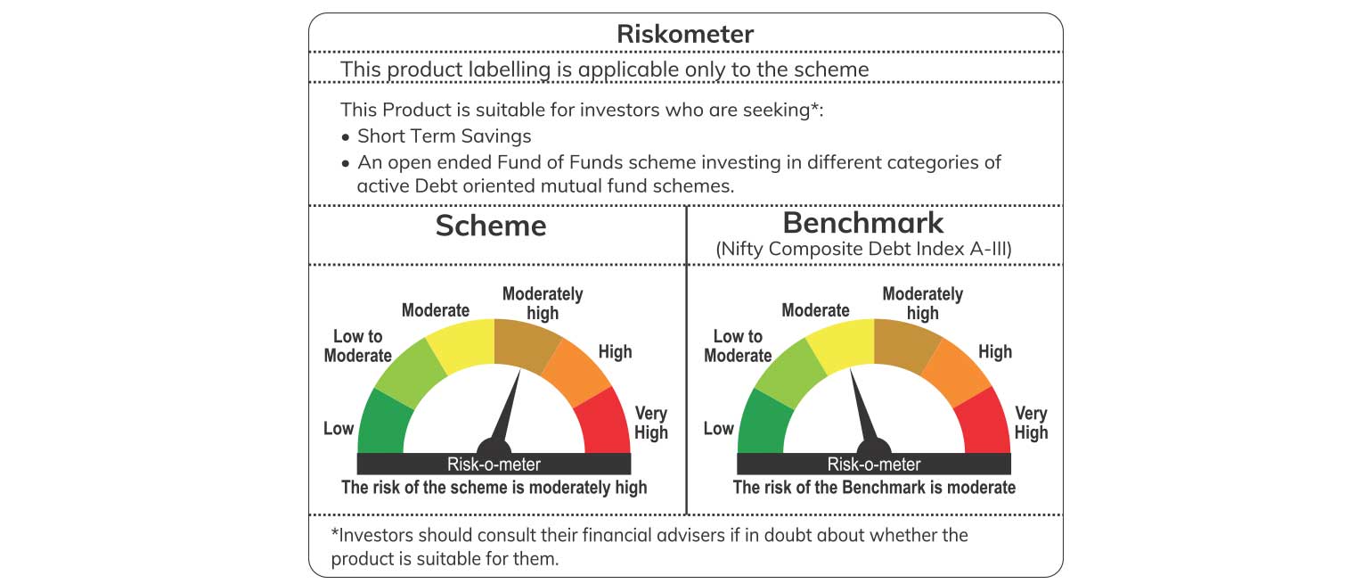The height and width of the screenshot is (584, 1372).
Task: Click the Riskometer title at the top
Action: (x=685, y=34)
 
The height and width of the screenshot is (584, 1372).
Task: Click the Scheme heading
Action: (x=491, y=226)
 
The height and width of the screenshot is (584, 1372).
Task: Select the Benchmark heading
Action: (x=863, y=222)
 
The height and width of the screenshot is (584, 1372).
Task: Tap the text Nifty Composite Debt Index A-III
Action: (x=863, y=249)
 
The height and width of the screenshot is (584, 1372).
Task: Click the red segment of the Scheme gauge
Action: (x=603, y=423)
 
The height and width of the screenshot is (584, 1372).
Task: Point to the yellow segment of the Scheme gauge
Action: (x=462, y=344)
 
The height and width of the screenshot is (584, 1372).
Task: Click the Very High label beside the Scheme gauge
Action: (x=651, y=423)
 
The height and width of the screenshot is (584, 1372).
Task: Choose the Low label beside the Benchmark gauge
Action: (x=718, y=428)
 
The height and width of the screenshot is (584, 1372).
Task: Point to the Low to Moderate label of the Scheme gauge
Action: (x=358, y=346)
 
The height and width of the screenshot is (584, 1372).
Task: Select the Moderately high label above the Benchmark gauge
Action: (x=922, y=303)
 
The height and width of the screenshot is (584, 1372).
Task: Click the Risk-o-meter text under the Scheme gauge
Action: (x=494, y=465)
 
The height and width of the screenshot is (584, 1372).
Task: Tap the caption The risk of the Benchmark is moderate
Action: (x=874, y=487)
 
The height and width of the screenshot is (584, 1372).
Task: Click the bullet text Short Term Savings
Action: (x=444, y=136)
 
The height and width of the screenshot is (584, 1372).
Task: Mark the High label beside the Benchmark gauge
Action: (x=994, y=352)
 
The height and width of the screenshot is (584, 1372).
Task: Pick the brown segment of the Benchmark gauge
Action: (x=907, y=344)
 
